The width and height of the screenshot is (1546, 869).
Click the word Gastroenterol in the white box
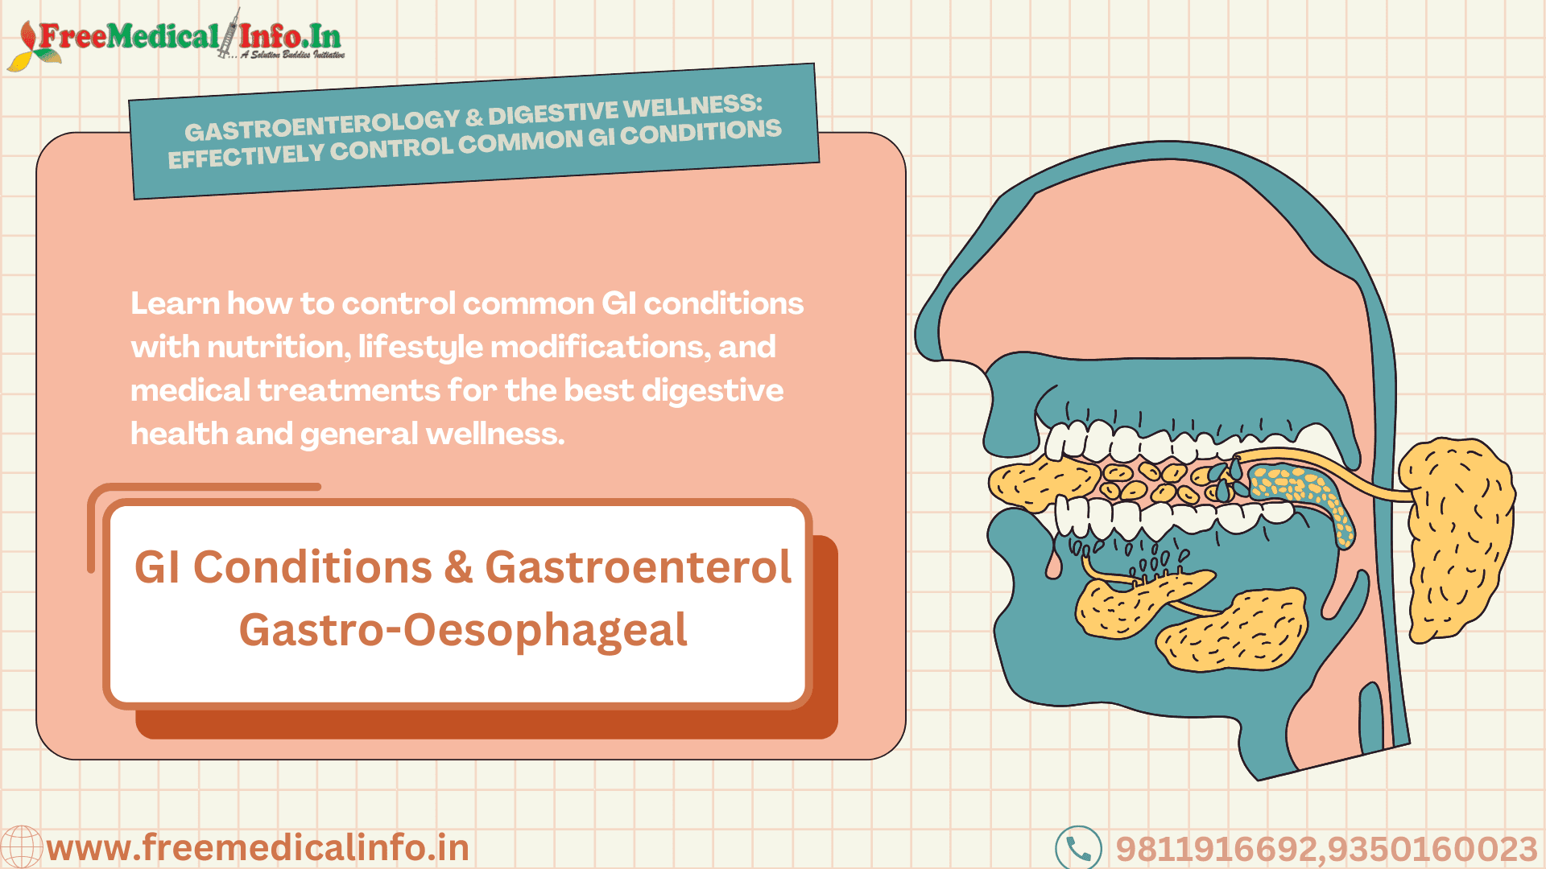coord(639,566)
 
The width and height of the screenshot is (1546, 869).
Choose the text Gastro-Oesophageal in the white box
coord(463,629)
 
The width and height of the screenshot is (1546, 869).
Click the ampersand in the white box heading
coord(458,566)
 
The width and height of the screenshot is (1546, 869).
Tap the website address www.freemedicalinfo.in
coord(258,848)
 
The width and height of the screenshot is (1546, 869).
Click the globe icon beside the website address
coord(21,846)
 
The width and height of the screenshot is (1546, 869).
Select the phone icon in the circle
coord(1078,848)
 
